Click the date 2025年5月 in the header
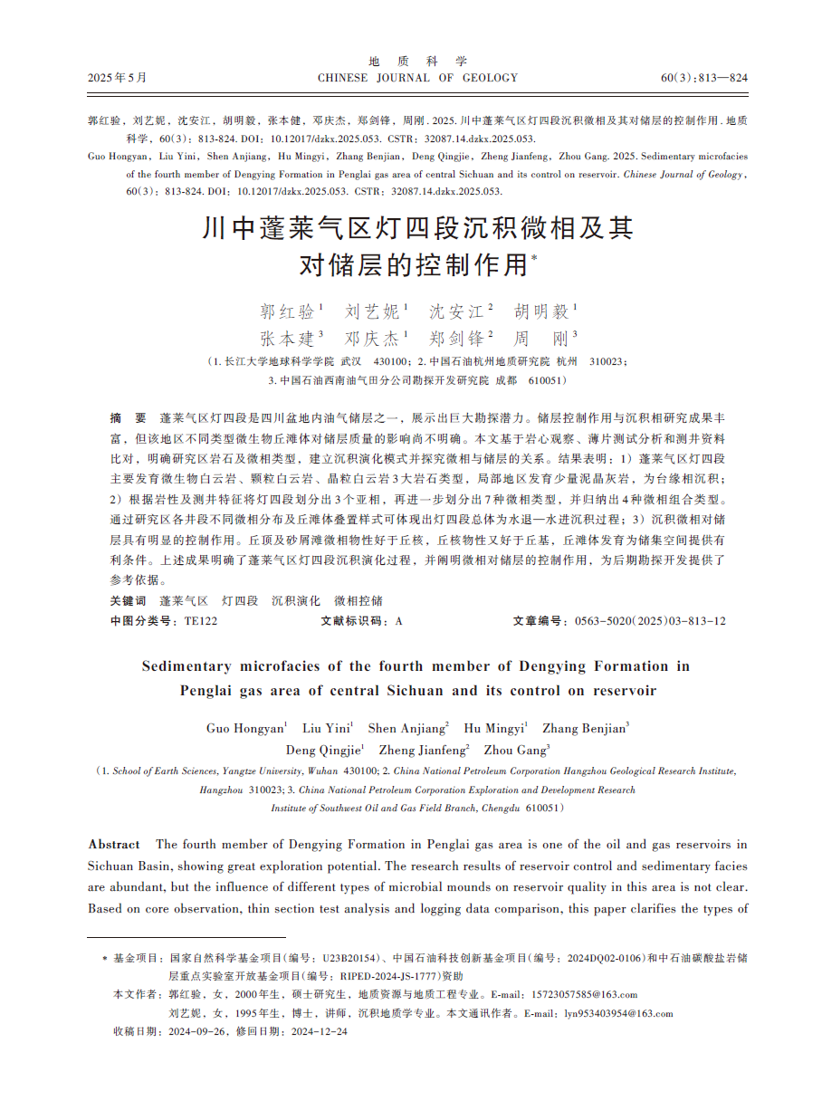pyautogui.click(x=117, y=78)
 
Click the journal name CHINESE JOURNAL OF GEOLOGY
pyautogui.click(x=417, y=78)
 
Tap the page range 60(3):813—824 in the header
pyautogui.click(x=704, y=78)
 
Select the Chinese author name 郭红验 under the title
pyautogui.click(x=287, y=312)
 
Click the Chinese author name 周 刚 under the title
pyautogui.click(x=541, y=340)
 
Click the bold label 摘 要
pyautogui.click(x=128, y=418)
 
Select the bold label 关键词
pyautogui.click(x=128, y=600)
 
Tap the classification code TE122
pyautogui.click(x=201, y=621)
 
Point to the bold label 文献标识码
pyautogui.click(x=352, y=621)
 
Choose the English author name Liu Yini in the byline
pyautogui.click(x=326, y=728)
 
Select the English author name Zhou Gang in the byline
pyautogui.click(x=514, y=750)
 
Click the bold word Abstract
pyautogui.click(x=114, y=844)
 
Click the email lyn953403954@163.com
pyautogui.click(x=618, y=1013)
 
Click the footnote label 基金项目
pyautogui.click(x=139, y=957)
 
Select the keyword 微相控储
pyautogui.click(x=358, y=600)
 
